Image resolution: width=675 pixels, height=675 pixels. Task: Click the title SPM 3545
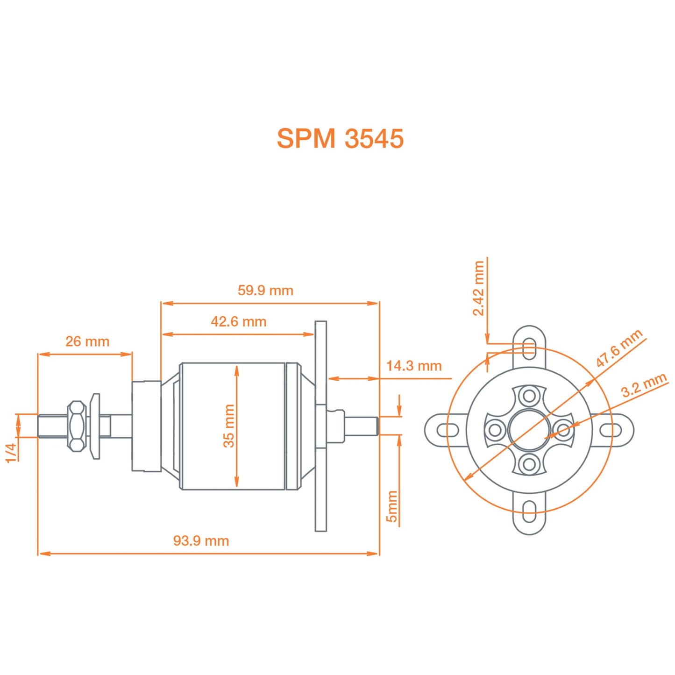click(340, 139)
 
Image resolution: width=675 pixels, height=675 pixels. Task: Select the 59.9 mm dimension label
click(265, 291)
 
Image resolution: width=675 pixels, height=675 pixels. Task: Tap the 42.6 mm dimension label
click(238, 322)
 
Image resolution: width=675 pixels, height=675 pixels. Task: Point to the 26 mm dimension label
click(87, 341)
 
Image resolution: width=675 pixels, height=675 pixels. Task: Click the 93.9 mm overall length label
click(201, 541)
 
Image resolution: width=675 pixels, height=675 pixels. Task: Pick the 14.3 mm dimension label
click(414, 366)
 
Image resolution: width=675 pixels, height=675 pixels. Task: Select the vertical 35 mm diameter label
click(229, 426)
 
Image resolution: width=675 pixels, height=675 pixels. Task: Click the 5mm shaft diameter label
click(392, 506)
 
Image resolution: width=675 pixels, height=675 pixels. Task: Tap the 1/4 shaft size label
click(11, 452)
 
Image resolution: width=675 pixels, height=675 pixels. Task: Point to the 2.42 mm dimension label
click(478, 288)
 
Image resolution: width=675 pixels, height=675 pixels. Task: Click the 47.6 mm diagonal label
click(619, 348)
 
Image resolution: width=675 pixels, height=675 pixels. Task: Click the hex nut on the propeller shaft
click(77, 426)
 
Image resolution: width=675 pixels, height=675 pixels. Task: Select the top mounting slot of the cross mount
click(529, 348)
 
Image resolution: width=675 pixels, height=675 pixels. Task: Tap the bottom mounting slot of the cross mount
click(529, 511)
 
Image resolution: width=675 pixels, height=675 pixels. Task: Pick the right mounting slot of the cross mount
click(611, 430)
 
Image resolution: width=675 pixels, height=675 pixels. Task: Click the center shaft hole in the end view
click(529, 430)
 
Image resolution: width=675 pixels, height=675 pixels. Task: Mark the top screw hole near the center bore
click(529, 396)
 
